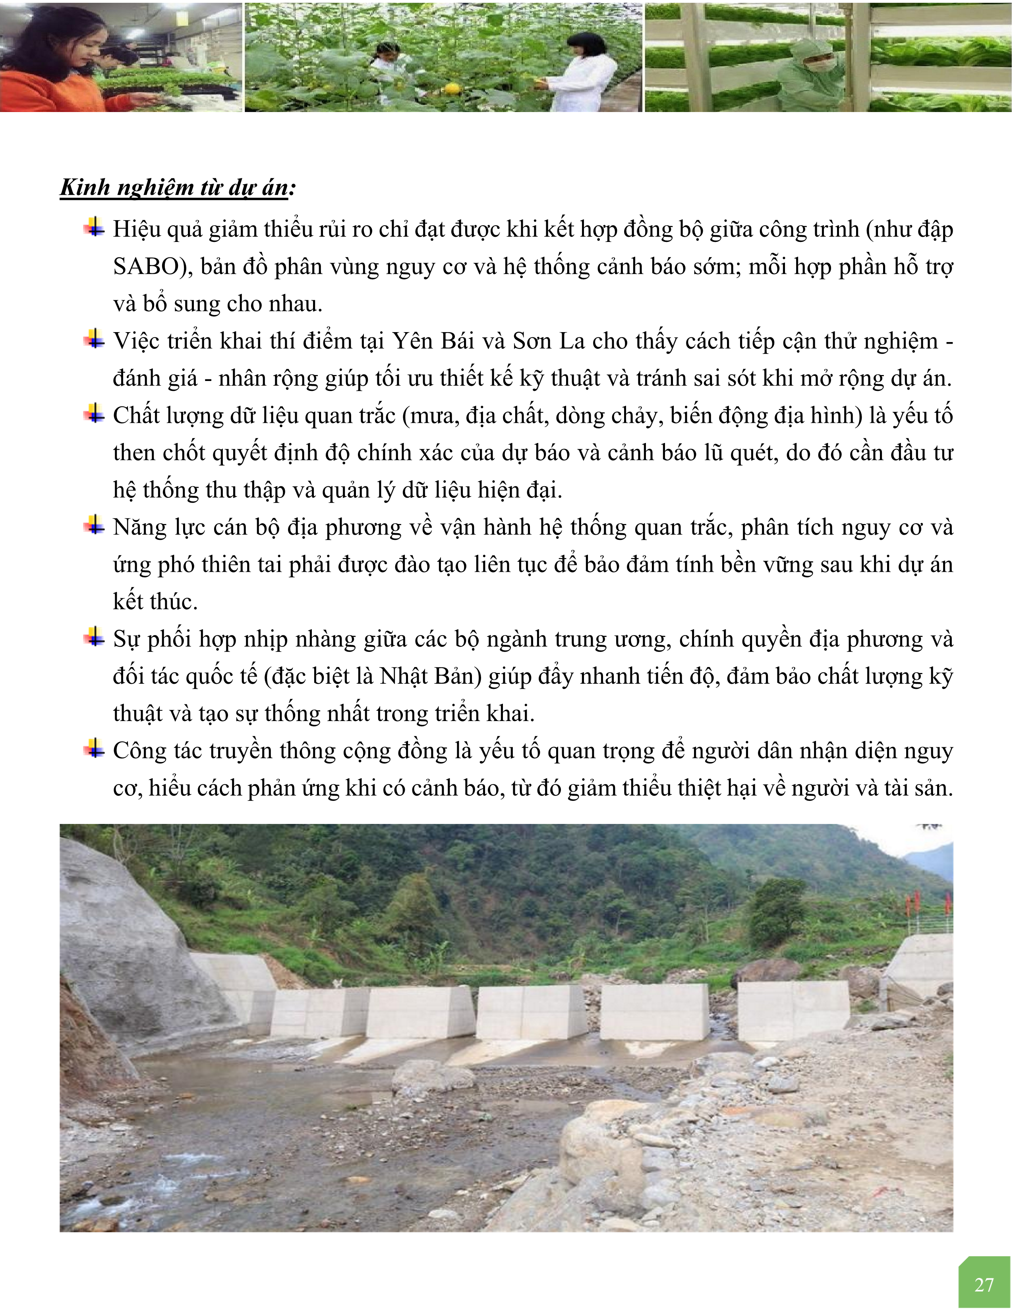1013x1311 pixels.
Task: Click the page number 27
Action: coord(984,1285)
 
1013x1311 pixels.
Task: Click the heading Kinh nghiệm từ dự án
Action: coord(178,188)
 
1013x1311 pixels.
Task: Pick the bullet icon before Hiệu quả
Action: coord(94,228)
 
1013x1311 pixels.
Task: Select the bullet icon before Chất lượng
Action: coord(94,414)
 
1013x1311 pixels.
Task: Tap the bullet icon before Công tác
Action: coord(94,749)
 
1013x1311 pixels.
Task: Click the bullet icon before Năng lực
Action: coord(94,526)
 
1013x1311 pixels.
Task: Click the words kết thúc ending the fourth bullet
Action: coord(155,601)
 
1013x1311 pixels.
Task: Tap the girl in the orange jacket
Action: coord(54,66)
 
